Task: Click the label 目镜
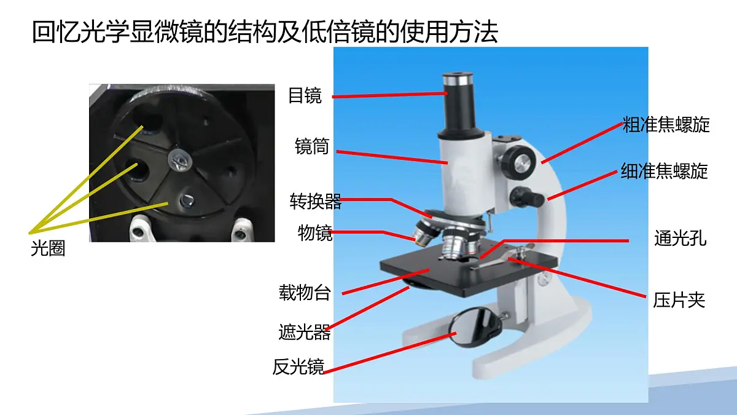pyautogui.click(x=305, y=96)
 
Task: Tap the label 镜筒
pyautogui.click(x=312, y=147)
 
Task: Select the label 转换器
pyautogui.click(x=315, y=201)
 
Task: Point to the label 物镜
pyautogui.click(x=315, y=233)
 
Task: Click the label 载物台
pyautogui.click(x=305, y=293)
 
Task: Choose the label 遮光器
pyautogui.click(x=305, y=333)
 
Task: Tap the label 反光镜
pyautogui.click(x=298, y=367)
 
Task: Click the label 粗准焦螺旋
pyautogui.click(x=666, y=125)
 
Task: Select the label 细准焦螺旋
pyautogui.click(x=664, y=171)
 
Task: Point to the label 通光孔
pyautogui.click(x=680, y=239)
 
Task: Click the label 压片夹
pyautogui.click(x=679, y=301)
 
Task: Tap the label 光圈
pyautogui.click(x=48, y=249)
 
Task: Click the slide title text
pyautogui.click(x=265, y=32)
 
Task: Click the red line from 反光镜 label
pyautogui.click(x=393, y=352)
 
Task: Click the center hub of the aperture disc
pyautogui.click(x=181, y=160)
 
